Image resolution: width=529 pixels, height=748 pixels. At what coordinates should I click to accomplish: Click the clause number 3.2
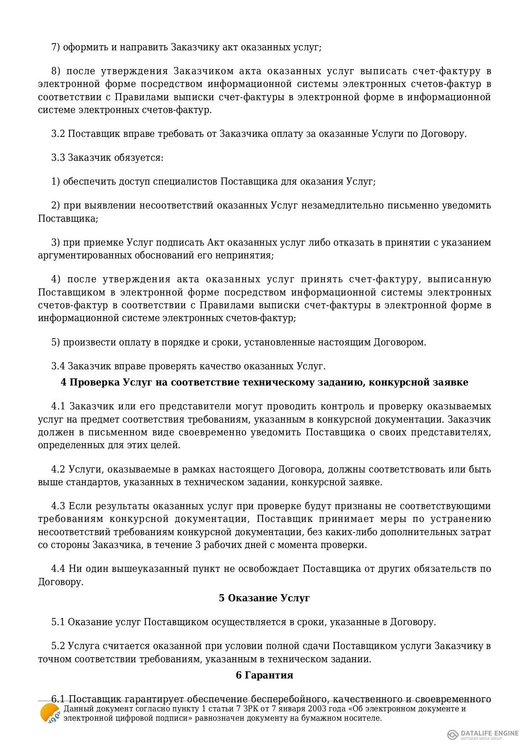pos(58,134)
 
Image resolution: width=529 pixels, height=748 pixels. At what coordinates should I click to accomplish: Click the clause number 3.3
pos(58,158)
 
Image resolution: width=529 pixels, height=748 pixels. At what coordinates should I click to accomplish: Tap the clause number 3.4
pos(58,366)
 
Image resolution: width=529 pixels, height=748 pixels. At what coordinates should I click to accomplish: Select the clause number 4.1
pos(58,406)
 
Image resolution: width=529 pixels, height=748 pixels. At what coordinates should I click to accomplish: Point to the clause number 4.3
pos(58,506)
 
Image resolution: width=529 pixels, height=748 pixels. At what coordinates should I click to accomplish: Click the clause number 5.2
pos(58,646)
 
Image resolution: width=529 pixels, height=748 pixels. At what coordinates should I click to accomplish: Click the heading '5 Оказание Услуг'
pos(264,598)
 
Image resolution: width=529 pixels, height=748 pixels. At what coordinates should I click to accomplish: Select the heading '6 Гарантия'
pos(264,675)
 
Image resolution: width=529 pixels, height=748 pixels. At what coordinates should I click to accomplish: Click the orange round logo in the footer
pos(49,713)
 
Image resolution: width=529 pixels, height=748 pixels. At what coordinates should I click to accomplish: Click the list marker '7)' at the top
pos(56,47)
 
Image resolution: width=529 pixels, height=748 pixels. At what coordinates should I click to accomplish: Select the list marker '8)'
pos(56,71)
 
